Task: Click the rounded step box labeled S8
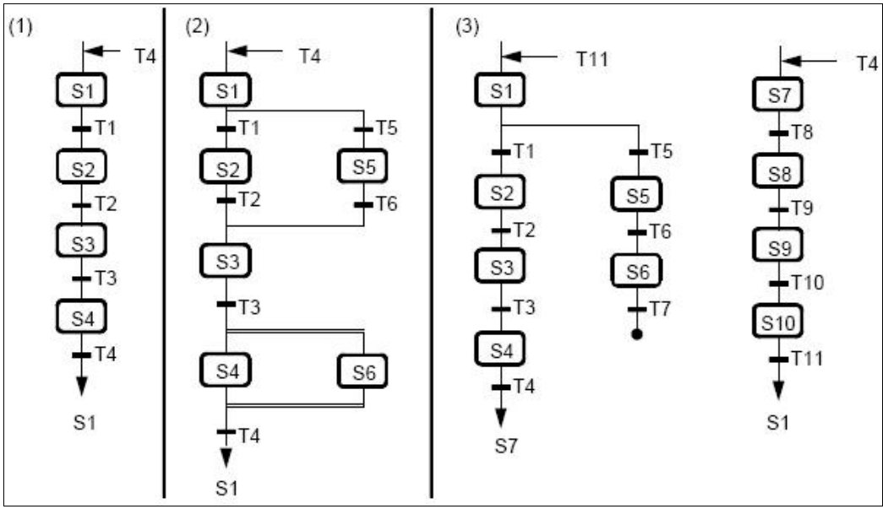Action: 778,174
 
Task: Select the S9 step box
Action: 778,247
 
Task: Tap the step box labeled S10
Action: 778,321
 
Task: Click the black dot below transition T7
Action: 636,335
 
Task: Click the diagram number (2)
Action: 197,27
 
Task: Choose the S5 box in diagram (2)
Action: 363,166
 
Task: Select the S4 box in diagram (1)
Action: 82,317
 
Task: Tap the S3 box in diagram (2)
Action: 226,262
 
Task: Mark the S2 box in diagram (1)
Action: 82,167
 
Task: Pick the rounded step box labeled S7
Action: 778,95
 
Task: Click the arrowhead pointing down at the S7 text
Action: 500,419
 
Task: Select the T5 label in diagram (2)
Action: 387,128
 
